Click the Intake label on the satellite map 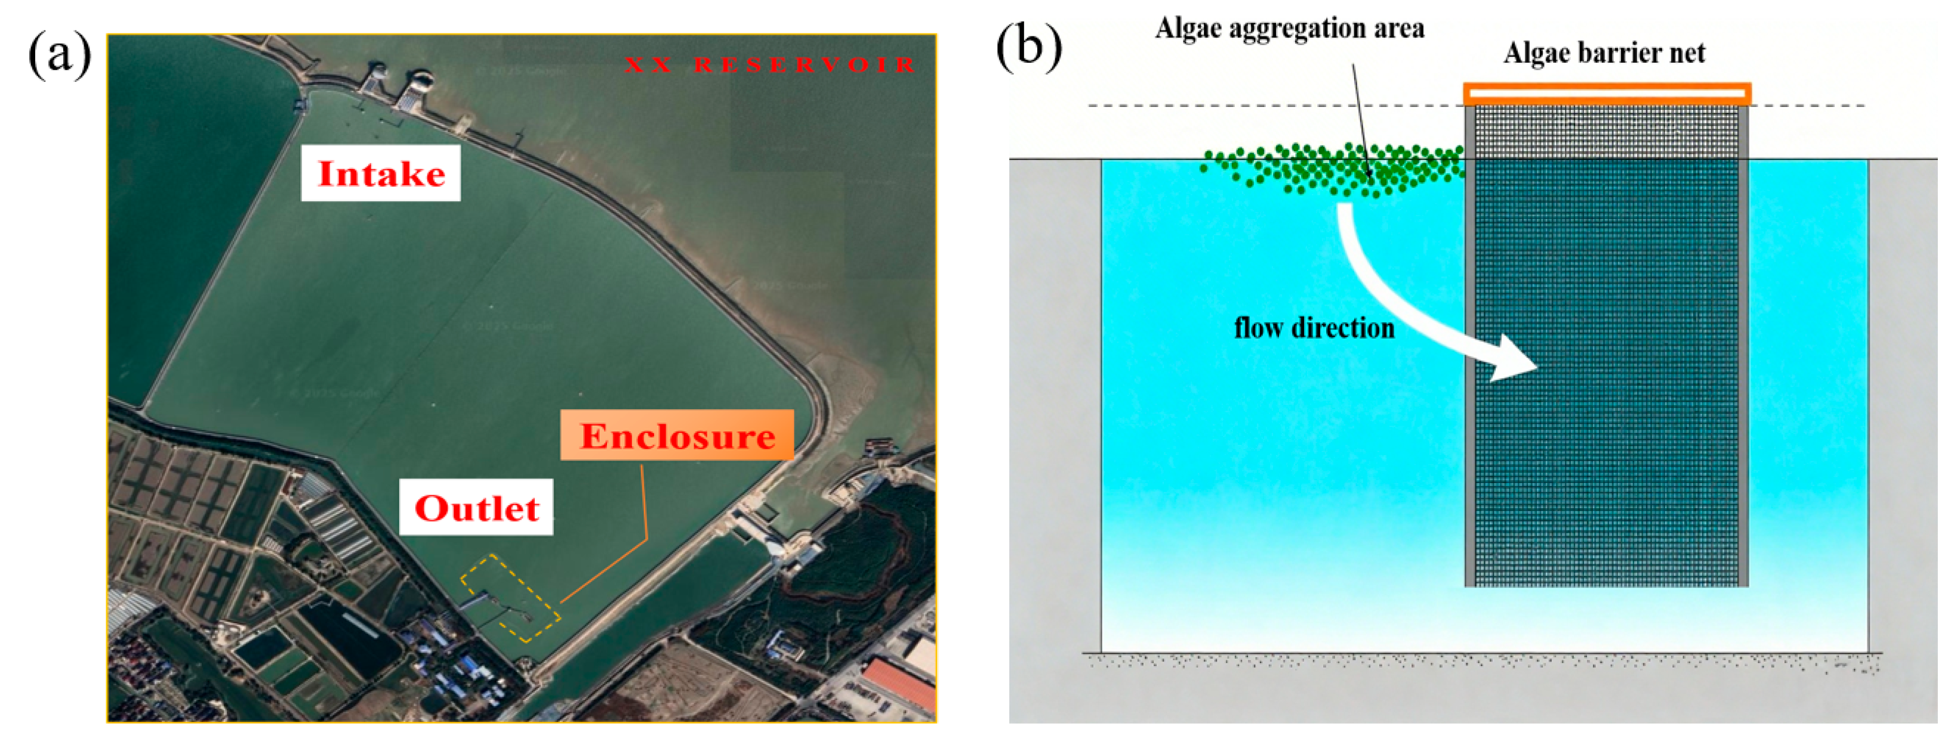tap(381, 174)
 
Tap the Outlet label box tap(476, 508)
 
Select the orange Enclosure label tap(677, 435)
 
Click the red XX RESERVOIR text tap(769, 65)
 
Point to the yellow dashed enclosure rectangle tap(510, 598)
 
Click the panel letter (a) tap(59, 55)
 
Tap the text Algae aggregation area tap(1289, 29)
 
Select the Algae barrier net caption tap(1604, 53)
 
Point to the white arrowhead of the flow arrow tap(1512, 360)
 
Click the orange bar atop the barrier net tap(1607, 94)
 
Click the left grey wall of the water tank tap(1055, 402)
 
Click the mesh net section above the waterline tap(1607, 131)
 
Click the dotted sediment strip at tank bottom tap(1481, 661)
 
